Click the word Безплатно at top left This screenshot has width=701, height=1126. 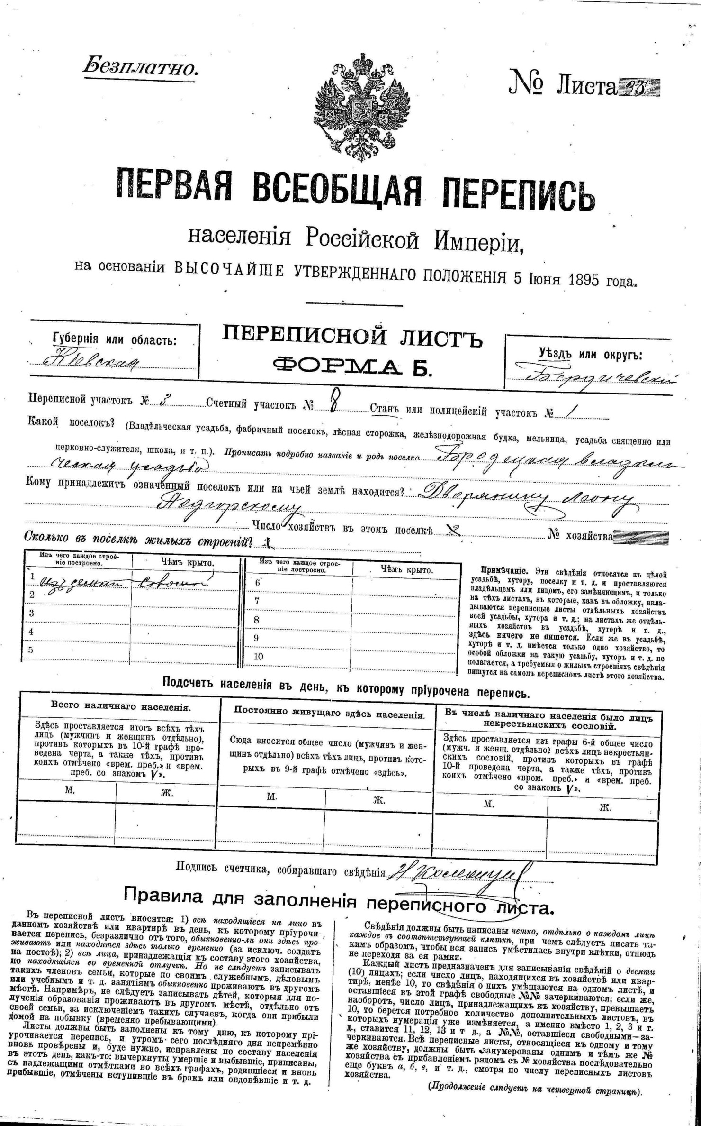tap(140, 67)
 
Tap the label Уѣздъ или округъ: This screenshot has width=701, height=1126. tap(590, 354)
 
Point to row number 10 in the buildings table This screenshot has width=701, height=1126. tap(259, 657)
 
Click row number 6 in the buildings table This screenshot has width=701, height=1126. tap(257, 583)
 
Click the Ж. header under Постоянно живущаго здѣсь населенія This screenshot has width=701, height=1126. tap(379, 800)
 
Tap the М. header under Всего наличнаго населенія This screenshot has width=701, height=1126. tap(70, 791)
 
